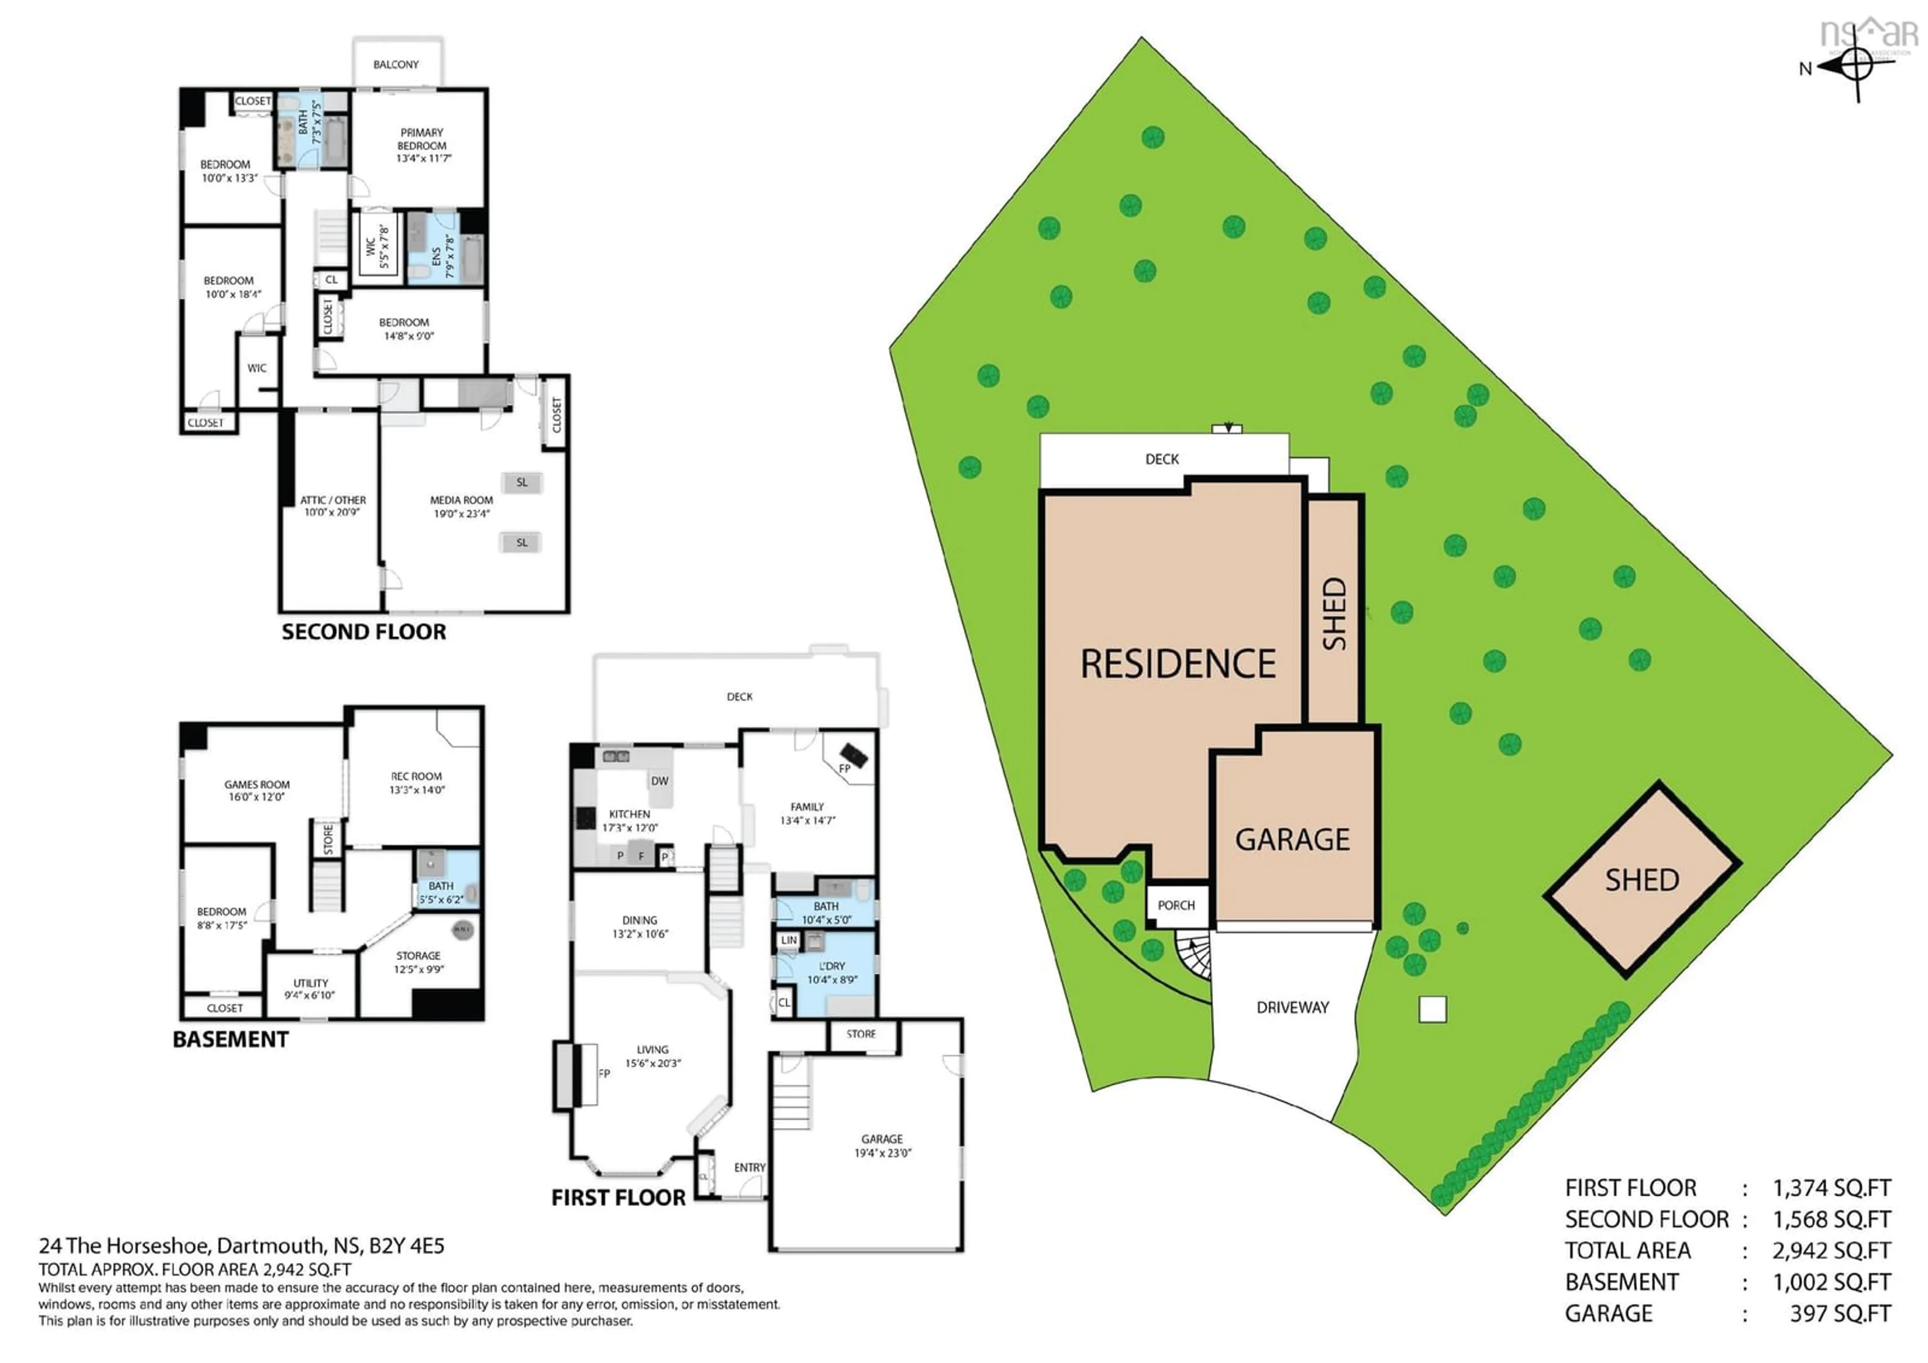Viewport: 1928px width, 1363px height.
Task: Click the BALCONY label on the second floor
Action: tap(396, 65)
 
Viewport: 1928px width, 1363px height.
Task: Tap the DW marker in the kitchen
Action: tap(660, 781)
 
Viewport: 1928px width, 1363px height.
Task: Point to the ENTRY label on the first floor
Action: tap(749, 1167)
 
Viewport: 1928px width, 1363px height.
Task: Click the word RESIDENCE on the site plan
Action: tap(1177, 664)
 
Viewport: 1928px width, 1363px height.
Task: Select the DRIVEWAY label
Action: tap(1292, 1007)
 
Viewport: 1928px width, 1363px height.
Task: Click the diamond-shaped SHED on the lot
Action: tap(1642, 880)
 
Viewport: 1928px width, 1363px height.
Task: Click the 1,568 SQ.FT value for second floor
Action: tap(1832, 1219)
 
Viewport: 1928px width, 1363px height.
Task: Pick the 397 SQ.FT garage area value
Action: tap(1840, 1313)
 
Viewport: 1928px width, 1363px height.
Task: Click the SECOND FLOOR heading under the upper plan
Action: tap(364, 632)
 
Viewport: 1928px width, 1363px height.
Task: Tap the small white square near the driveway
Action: tap(1432, 1009)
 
